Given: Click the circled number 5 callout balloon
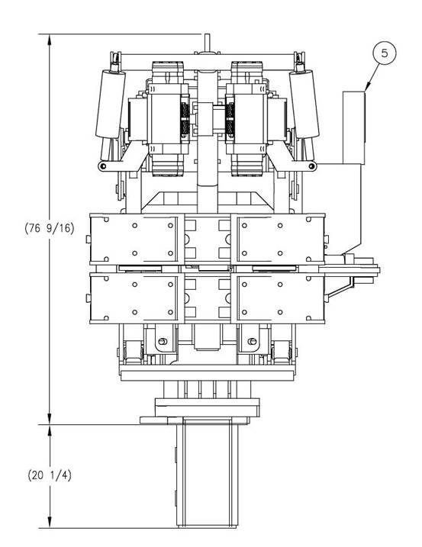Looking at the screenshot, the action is (x=385, y=53).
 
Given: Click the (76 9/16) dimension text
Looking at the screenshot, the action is (x=50, y=229).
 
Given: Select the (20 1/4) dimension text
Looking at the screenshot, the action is (x=50, y=475).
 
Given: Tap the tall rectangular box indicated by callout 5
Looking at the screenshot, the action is (x=353, y=127).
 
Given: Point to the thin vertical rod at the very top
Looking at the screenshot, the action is (x=207, y=43).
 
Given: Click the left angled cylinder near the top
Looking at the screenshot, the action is (x=111, y=104).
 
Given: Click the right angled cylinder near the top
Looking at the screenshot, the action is (x=304, y=104).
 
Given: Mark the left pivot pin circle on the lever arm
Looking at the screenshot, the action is (x=102, y=166).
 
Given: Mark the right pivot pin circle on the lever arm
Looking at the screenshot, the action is (x=311, y=166).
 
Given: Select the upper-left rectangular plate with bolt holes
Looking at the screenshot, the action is (x=137, y=239).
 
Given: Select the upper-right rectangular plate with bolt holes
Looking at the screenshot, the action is (x=279, y=239).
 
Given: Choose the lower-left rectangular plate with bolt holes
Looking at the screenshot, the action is (x=137, y=298).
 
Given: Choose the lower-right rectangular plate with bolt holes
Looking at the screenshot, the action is (x=279, y=298).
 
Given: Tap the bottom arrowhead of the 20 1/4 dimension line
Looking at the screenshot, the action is (x=50, y=523).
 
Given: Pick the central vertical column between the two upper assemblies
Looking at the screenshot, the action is (x=207, y=140).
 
